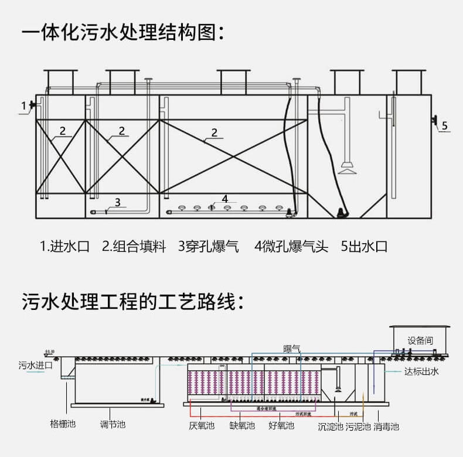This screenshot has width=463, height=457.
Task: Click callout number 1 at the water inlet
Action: tap(24, 106)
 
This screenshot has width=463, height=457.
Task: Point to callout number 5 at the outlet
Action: tap(444, 125)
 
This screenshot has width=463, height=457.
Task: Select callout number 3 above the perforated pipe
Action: tap(117, 202)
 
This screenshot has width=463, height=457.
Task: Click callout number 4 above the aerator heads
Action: tap(225, 199)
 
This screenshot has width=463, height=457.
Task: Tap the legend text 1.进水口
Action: tap(64, 246)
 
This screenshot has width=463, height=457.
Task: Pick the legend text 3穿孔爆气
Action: tap(209, 246)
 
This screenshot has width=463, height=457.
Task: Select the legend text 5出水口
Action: tap(364, 246)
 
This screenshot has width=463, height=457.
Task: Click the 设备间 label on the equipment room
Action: tap(420, 340)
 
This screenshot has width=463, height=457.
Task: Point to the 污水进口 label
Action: tap(36, 365)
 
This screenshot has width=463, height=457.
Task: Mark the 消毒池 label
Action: tap(386, 427)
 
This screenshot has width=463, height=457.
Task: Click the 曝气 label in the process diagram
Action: tap(292, 348)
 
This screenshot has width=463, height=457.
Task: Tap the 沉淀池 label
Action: tap(330, 427)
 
